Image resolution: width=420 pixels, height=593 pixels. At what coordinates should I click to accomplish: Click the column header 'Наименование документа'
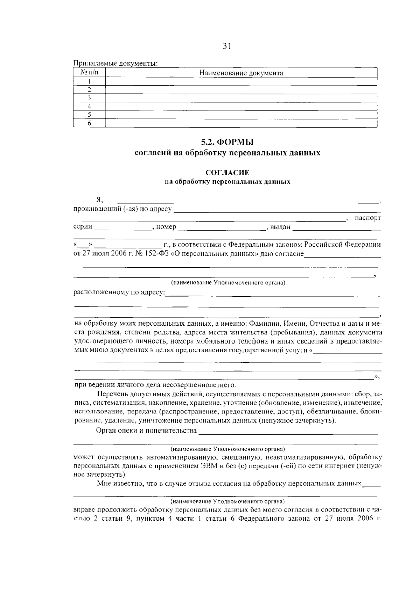click(x=241, y=73)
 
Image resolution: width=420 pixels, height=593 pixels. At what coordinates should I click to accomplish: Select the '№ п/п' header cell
click(x=89, y=73)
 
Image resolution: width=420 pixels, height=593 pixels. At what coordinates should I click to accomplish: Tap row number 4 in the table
click(x=89, y=106)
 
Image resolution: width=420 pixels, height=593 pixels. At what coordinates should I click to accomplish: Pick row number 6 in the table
click(x=89, y=123)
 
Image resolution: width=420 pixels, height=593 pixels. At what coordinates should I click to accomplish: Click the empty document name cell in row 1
click(x=241, y=81)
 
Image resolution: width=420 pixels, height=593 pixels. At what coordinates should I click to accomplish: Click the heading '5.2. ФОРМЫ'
click(x=227, y=142)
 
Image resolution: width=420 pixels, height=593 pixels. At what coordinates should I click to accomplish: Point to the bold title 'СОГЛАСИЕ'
click(x=227, y=173)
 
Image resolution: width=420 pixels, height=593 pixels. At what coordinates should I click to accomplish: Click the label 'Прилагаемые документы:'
click(x=115, y=64)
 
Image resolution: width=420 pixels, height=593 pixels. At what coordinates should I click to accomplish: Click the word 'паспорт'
click(x=367, y=218)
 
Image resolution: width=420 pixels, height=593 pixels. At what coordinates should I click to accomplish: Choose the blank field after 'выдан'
click(x=336, y=227)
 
